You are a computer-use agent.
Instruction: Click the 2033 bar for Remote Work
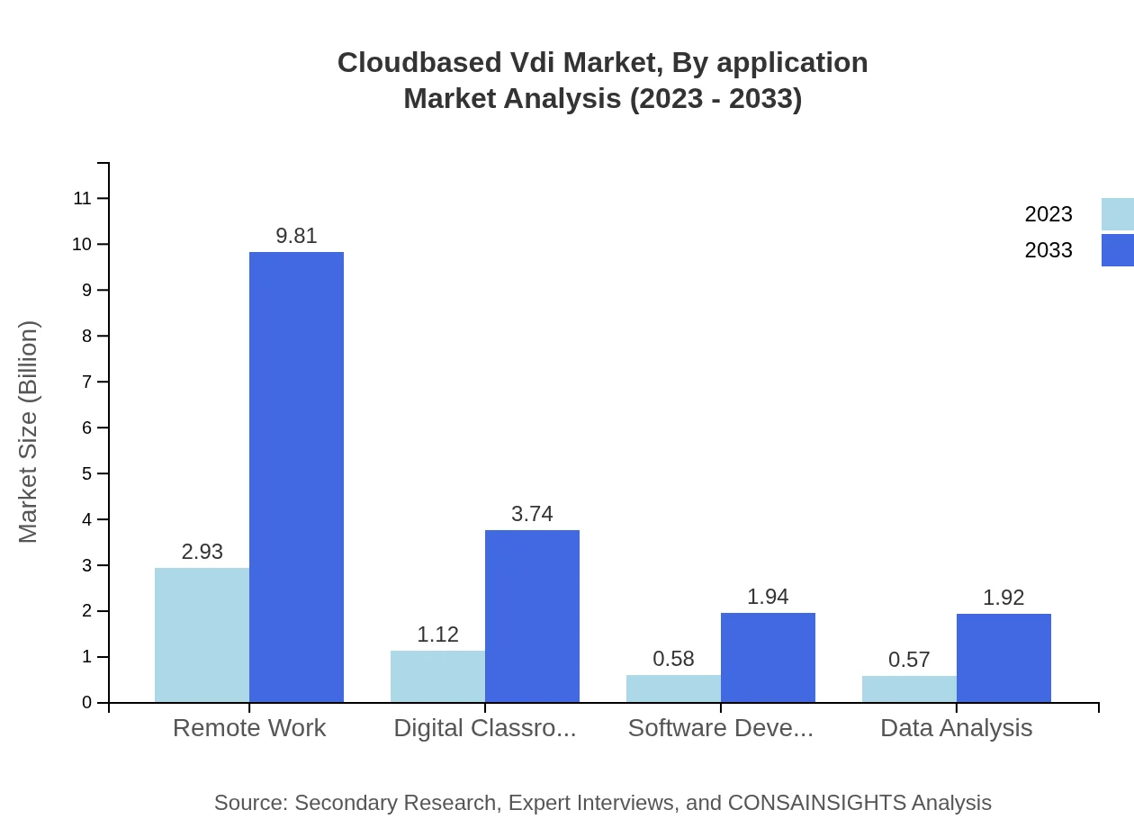pos(296,477)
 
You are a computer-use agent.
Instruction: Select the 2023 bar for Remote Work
pos(202,634)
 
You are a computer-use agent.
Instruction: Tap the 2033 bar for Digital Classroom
pos(532,616)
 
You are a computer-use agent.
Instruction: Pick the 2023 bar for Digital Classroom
pos(437,676)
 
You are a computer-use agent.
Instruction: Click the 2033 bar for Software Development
pos(768,657)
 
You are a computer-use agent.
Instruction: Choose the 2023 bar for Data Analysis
pos(909,688)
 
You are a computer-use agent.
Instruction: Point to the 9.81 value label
pos(296,236)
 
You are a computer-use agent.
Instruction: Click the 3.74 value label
pos(532,514)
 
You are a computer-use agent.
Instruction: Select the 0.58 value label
pos(673,659)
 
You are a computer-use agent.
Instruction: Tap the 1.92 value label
pos(1003,598)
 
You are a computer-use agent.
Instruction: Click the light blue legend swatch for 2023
pos(1117,214)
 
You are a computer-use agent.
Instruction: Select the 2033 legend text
pos(1048,250)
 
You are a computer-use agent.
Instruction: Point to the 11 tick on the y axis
pos(83,198)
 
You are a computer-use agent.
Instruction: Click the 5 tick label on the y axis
pos(87,473)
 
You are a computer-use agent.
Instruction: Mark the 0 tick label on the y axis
pos(87,703)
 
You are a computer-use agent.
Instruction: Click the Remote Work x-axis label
pos(249,727)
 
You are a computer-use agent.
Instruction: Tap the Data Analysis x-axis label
pos(956,727)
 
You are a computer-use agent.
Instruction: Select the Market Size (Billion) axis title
pos(29,432)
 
